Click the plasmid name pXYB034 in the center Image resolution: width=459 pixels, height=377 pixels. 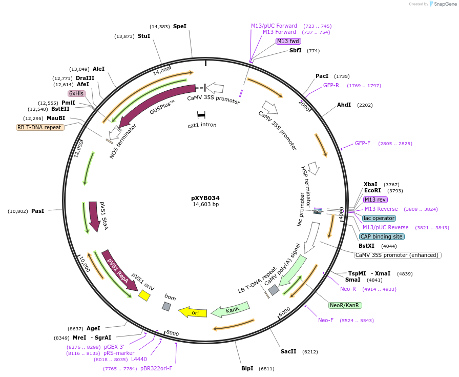(x=205, y=198)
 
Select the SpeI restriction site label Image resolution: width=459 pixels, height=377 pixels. (x=180, y=26)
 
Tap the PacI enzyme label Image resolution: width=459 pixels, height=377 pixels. (x=322, y=76)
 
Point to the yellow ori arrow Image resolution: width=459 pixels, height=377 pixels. (x=193, y=312)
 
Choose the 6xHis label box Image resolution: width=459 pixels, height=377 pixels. (x=76, y=93)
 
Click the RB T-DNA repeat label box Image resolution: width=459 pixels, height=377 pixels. (x=40, y=127)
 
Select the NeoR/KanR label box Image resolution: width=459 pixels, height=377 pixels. (x=345, y=305)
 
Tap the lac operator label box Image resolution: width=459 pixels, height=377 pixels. (x=379, y=218)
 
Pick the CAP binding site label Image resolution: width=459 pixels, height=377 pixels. (x=382, y=236)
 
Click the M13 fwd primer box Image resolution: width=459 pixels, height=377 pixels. (x=288, y=41)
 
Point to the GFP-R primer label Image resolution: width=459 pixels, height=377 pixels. (x=331, y=85)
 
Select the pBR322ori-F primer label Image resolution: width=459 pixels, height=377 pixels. (x=156, y=368)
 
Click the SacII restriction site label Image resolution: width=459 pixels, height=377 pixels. (x=288, y=351)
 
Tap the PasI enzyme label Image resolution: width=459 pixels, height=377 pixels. (x=38, y=211)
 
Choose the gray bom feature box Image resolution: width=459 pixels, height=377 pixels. (x=166, y=306)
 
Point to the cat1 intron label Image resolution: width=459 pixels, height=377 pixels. (x=202, y=125)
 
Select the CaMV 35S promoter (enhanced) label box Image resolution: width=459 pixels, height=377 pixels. (x=398, y=255)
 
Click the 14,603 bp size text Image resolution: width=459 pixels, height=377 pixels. (x=205, y=205)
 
